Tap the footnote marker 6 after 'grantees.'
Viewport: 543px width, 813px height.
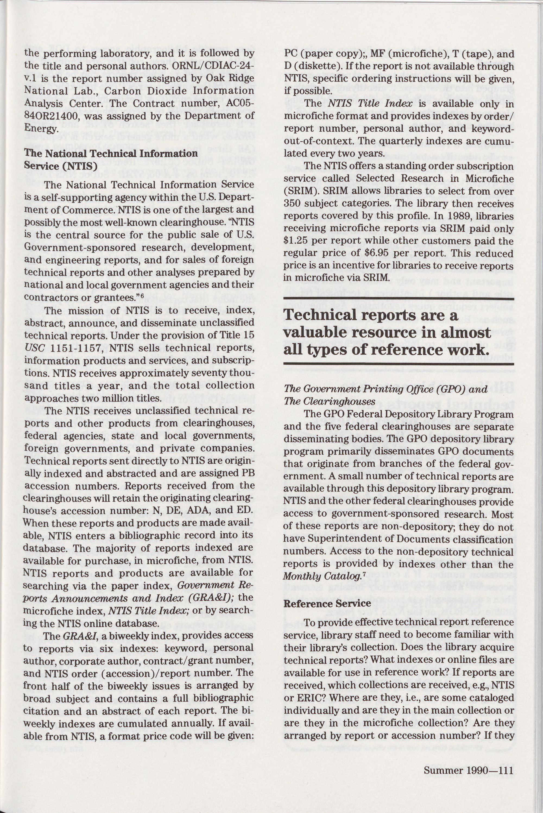[142, 295]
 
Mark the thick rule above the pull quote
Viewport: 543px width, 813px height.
[399, 299]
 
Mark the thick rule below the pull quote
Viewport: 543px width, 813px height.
[399, 363]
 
